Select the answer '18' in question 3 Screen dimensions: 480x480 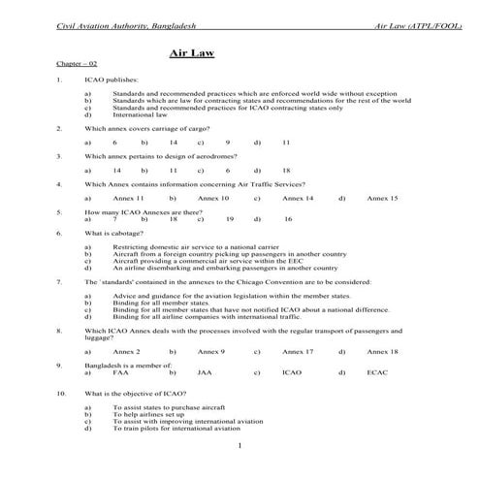[x=286, y=170]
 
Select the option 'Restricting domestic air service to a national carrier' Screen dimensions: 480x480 [x=197, y=248]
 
